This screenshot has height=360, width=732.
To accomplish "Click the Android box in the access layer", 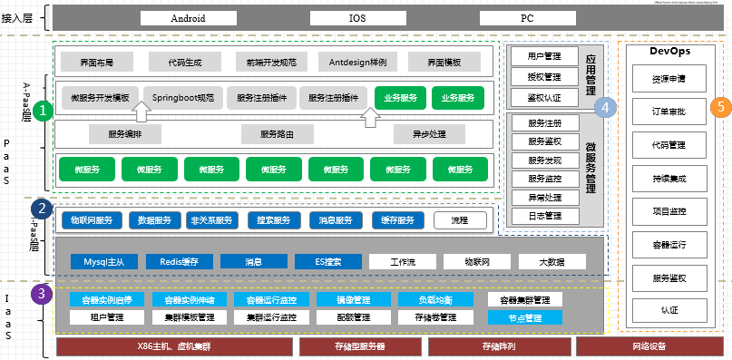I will [x=188, y=17].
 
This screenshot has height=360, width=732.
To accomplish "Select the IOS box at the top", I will [x=357, y=17].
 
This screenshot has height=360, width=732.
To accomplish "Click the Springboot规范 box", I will [x=183, y=97].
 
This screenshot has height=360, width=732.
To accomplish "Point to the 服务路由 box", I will [x=277, y=134].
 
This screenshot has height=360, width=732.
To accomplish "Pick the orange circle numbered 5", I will [x=720, y=107].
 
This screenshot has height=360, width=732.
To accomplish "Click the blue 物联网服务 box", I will [x=92, y=220].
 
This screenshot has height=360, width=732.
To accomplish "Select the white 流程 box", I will [x=460, y=220].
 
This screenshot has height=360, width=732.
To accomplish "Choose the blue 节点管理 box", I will [x=525, y=318].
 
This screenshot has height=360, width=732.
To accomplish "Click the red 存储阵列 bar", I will [x=498, y=346].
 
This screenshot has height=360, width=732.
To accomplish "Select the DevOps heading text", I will [x=671, y=52].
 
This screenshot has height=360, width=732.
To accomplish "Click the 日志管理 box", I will [x=545, y=216].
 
